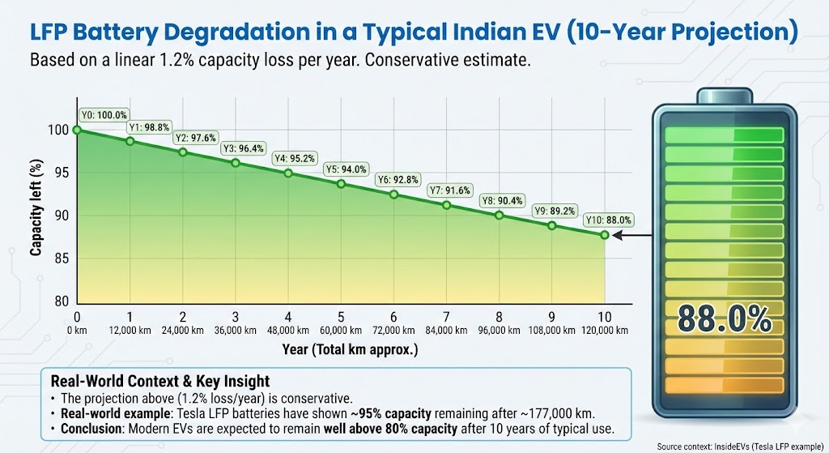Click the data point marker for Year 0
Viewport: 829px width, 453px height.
(x=77, y=130)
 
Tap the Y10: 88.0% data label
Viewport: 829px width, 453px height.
(x=608, y=220)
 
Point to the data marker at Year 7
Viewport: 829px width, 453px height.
(x=446, y=205)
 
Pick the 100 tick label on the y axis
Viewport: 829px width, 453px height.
(x=58, y=130)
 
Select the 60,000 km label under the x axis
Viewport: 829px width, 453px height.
(x=341, y=331)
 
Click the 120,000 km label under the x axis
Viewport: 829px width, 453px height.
(x=603, y=331)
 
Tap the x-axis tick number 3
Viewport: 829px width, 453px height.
(x=236, y=317)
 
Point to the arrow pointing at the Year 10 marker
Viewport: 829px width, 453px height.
(x=636, y=236)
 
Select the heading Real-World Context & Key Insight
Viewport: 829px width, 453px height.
(x=159, y=381)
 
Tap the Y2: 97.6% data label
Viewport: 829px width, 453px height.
(x=194, y=137)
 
